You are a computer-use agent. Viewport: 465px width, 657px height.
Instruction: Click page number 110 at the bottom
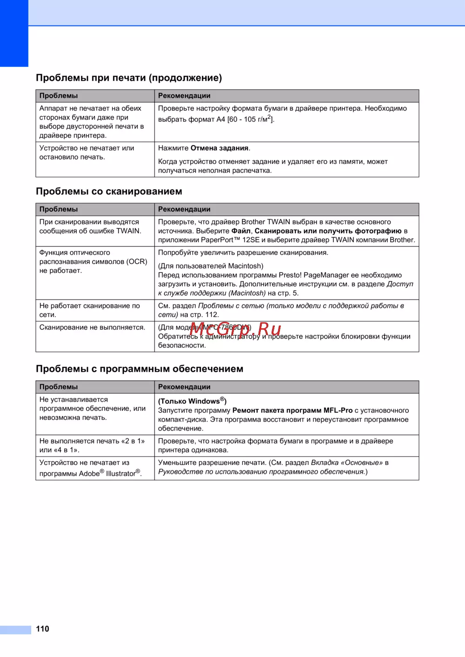pos(42,629)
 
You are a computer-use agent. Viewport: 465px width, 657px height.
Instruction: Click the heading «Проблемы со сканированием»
pos(109,192)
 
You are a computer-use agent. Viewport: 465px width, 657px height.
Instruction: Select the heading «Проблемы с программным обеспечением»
pos(139,369)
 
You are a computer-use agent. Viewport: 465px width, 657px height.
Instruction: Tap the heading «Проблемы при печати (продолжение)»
pos(129,78)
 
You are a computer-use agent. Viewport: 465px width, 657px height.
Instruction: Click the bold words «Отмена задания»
pos(219,148)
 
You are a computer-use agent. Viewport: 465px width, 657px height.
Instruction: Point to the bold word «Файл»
pos(241,231)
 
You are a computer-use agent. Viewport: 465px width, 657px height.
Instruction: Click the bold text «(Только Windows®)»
pos(192,401)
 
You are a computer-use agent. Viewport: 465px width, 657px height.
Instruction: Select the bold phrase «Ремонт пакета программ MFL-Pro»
pos(292,410)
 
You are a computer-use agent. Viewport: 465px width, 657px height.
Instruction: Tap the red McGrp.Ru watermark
pos(235,329)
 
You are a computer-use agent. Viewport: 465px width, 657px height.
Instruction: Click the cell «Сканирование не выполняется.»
pos(92,327)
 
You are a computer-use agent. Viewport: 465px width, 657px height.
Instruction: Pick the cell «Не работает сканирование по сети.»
pos(89,310)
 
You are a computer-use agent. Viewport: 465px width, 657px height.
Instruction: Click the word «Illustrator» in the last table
pos(120,473)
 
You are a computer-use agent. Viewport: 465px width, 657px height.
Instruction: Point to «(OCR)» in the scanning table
pos(137,261)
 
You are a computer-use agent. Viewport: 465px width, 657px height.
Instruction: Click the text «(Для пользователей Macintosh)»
pos(211,266)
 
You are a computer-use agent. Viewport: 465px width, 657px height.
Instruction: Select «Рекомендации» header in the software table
pos(184,387)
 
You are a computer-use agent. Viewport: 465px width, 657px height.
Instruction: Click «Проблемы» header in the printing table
pos(59,96)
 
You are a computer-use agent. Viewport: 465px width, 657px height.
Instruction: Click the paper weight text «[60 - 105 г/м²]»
pos(251,119)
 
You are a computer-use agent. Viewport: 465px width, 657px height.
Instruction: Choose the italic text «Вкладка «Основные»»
pos(346,463)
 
